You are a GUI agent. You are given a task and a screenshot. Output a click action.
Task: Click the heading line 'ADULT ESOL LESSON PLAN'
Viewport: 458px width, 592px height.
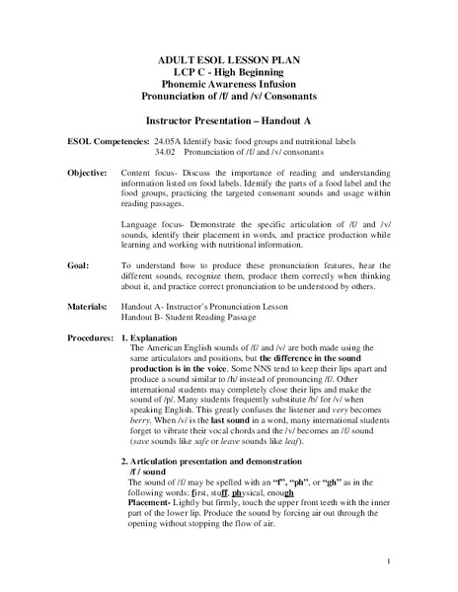228,61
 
